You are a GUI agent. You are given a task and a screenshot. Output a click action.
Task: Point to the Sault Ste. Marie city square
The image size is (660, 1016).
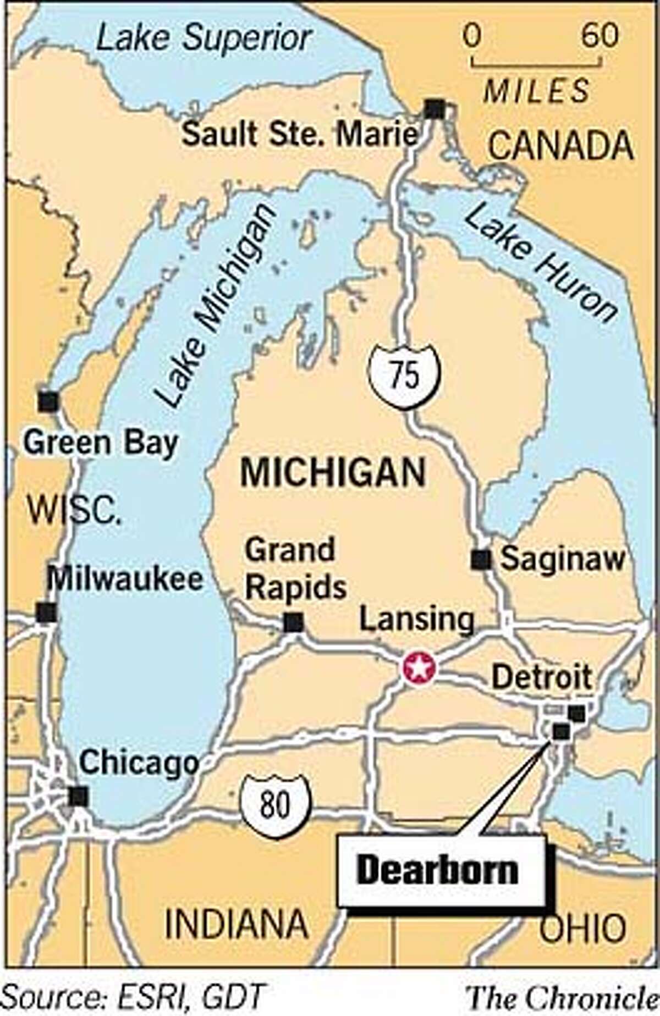point(435,109)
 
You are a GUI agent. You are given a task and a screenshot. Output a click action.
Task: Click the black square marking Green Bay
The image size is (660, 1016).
point(48,401)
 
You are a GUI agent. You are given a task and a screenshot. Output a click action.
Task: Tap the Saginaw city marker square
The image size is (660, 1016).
point(481,559)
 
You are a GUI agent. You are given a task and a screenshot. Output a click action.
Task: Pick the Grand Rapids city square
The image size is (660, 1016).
point(293,622)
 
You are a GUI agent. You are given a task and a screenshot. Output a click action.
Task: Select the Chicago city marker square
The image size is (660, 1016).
point(78,796)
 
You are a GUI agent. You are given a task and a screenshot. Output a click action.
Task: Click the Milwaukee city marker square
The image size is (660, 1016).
point(46,612)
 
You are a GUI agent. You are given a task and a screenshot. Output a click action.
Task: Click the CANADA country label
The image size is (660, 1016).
point(561,146)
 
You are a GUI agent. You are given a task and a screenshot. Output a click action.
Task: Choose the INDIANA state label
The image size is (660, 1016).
point(237,924)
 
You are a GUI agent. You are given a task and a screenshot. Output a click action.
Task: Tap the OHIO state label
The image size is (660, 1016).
point(582,928)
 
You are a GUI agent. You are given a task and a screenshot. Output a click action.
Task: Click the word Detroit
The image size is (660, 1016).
point(541,677)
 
